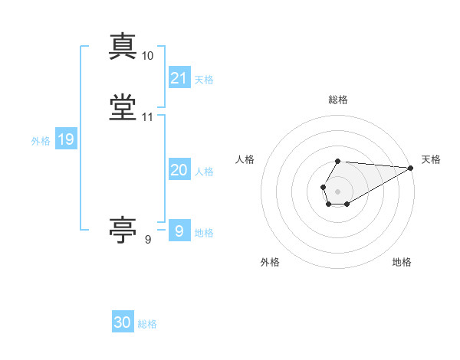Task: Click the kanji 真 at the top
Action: pyautogui.click(x=123, y=46)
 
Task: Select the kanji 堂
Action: pyautogui.click(x=123, y=107)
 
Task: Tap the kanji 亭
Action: pyautogui.click(x=123, y=230)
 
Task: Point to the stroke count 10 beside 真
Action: pyautogui.click(x=147, y=56)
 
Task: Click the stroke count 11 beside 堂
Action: pyautogui.click(x=147, y=117)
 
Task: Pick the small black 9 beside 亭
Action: pyautogui.click(x=148, y=240)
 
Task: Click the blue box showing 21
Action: pyautogui.click(x=179, y=77)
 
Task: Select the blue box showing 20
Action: pyautogui.click(x=179, y=169)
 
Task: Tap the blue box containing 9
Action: pyautogui.click(x=179, y=230)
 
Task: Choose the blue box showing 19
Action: pyautogui.click(x=66, y=138)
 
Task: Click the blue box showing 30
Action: pyautogui.click(x=123, y=321)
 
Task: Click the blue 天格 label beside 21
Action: pyautogui.click(x=204, y=80)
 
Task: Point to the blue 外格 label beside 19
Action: pyautogui.click(x=41, y=141)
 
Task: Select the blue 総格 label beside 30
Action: pyautogui.click(x=147, y=324)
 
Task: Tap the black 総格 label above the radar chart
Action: pyautogui.click(x=338, y=100)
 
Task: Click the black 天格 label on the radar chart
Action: pyautogui.click(x=431, y=159)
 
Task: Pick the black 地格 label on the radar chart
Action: pyautogui.click(x=402, y=262)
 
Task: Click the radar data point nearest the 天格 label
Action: pyautogui.click(x=411, y=168)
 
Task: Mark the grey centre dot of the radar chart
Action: pyautogui.click(x=337, y=191)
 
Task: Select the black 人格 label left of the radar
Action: pyautogui.click(x=245, y=159)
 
